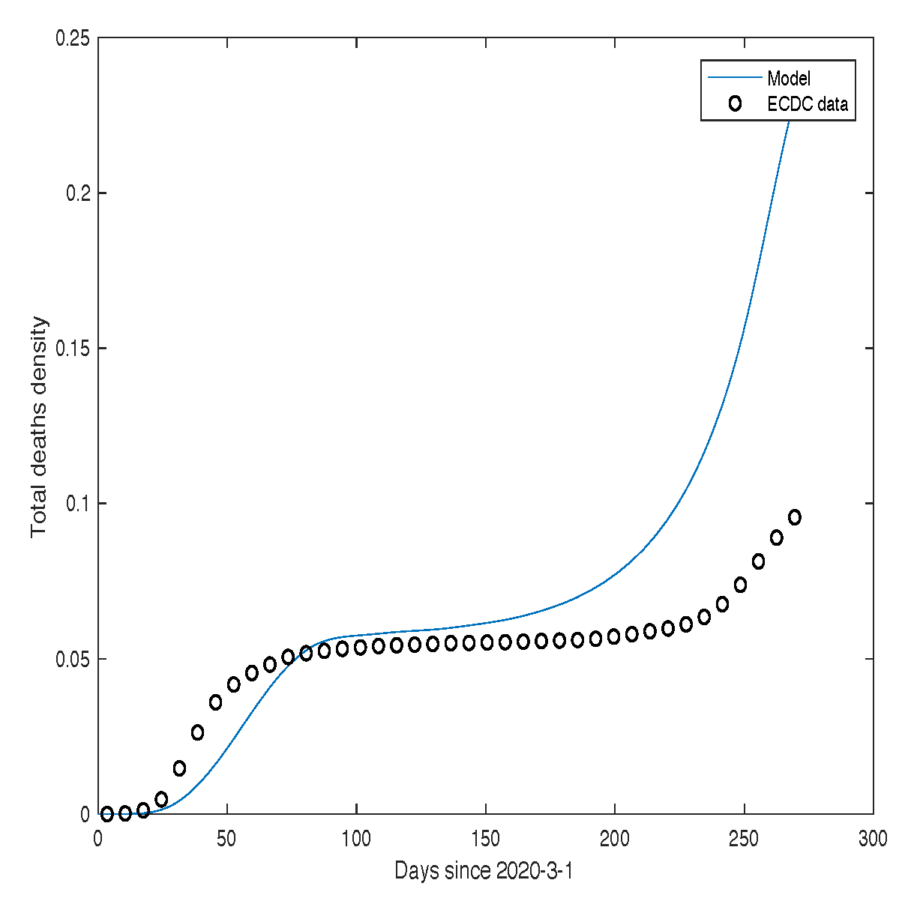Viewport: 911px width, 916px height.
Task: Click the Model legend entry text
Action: [788, 78]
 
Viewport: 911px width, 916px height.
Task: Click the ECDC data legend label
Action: [808, 104]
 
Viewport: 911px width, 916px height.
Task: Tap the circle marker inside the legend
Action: [735, 104]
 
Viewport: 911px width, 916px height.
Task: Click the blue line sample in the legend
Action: [734, 77]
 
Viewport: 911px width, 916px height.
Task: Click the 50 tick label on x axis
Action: [227, 839]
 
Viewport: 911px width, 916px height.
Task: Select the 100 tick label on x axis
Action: [357, 839]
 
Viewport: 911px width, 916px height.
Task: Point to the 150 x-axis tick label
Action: [486, 839]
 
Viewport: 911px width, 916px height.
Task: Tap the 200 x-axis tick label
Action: [615, 839]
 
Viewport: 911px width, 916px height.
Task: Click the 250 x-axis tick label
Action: [744, 839]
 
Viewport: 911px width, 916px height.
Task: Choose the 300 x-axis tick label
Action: [873, 839]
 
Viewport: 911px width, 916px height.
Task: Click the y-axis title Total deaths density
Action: [39, 427]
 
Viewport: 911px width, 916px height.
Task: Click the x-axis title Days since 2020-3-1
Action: [484, 871]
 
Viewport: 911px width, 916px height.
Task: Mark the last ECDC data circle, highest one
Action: [795, 517]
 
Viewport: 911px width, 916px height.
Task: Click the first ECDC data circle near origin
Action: [107, 814]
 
